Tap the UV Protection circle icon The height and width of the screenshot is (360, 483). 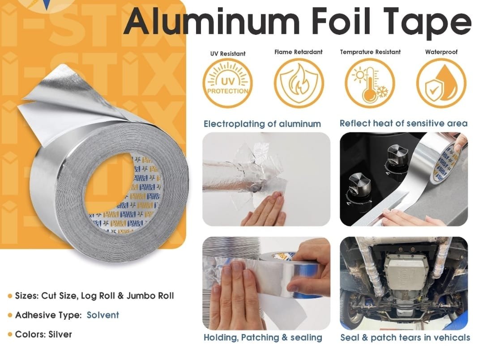[x=228, y=83]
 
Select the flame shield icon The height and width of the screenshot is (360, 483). [x=299, y=83]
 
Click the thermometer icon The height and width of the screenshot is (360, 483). [x=370, y=83]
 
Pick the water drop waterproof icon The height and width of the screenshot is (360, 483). [x=441, y=83]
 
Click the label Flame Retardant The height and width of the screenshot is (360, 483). [x=299, y=52]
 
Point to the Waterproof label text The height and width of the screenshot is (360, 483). [x=441, y=52]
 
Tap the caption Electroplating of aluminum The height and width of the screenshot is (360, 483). [x=262, y=124]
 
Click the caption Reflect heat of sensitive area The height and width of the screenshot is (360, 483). [x=403, y=123]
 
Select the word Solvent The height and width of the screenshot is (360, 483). [x=103, y=315]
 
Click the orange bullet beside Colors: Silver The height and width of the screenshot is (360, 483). [x=10, y=335]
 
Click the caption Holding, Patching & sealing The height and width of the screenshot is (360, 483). [x=263, y=338]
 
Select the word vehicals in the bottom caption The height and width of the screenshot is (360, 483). [x=452, y=338]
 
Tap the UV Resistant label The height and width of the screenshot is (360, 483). [x=228, y=54]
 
